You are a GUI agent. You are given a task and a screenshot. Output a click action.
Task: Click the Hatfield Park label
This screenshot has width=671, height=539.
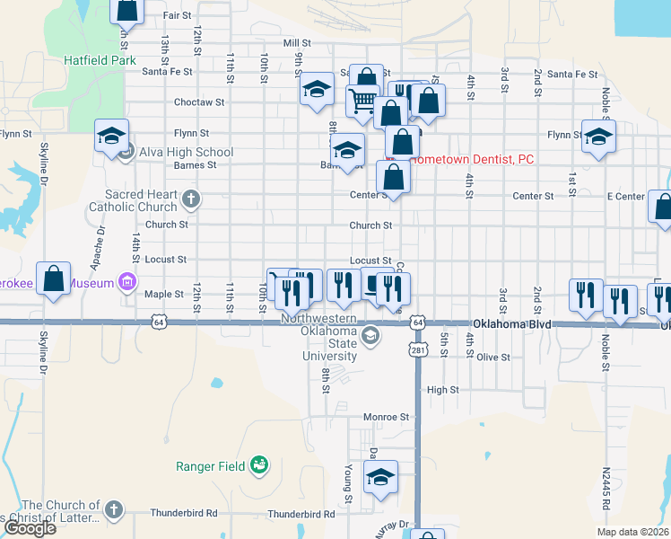[99, 60]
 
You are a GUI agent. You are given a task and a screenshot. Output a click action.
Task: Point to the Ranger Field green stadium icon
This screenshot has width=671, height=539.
[259, 464]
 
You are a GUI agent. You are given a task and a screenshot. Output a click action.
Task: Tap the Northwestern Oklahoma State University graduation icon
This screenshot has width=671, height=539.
[370, 336]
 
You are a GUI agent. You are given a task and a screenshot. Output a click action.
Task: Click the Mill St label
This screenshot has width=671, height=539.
[296, 42]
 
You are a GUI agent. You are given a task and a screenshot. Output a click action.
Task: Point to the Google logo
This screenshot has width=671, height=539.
[30, 528]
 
